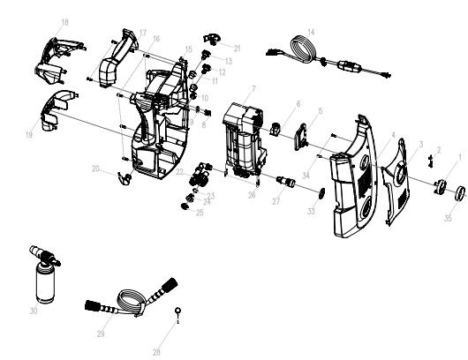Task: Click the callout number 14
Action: pyautogui.click(x=310, y=32)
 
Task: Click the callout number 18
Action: pyautogui.click(x=64, y=20)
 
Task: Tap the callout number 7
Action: pyautogui.click(x=253, y=89)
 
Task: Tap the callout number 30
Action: pyautogui.click(x=34, y=311)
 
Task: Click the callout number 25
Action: pyautogui.click(x=200, y=212)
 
